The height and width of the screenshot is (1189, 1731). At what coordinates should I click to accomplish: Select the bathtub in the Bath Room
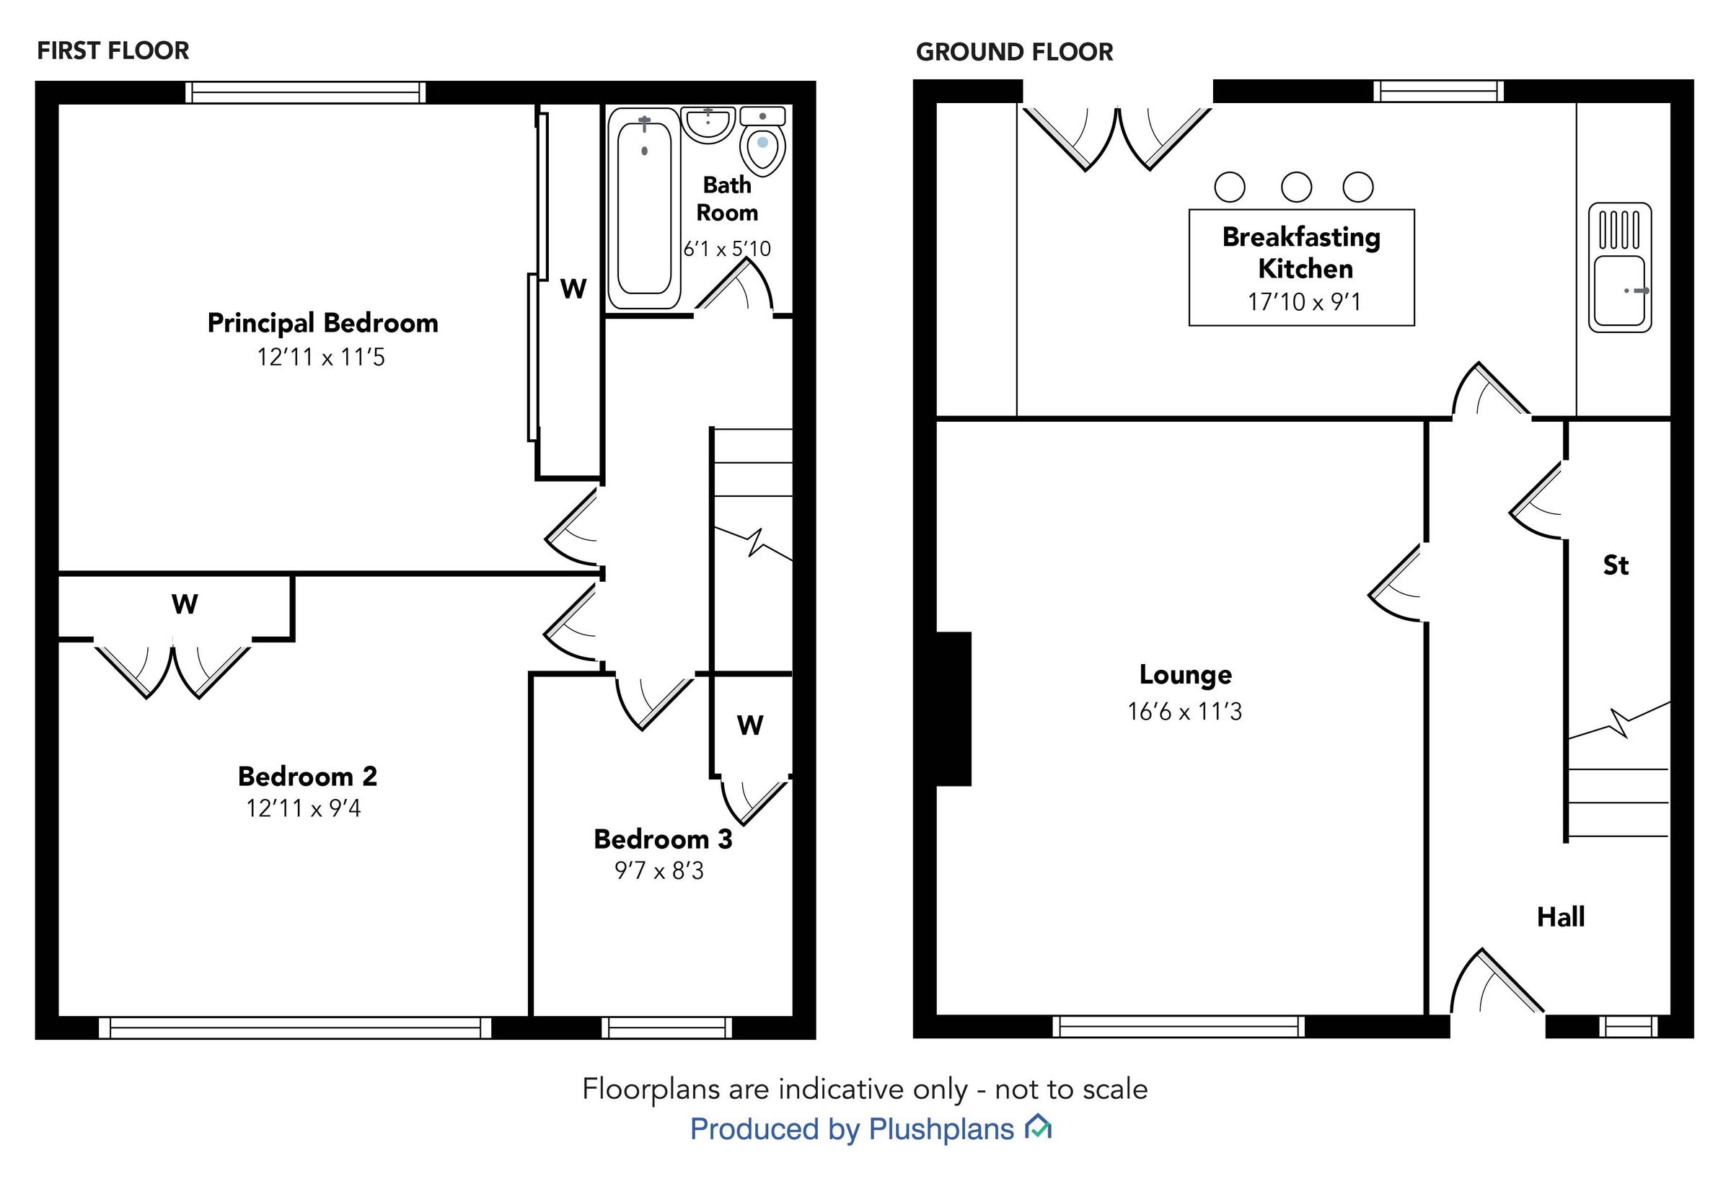pos(644,208)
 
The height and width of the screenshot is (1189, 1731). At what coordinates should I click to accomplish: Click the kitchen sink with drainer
pos(1619,268)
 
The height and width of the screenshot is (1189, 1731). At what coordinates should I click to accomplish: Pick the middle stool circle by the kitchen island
pos(1296,187)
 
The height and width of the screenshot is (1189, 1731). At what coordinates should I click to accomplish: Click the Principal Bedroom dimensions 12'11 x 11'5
pos(321,358)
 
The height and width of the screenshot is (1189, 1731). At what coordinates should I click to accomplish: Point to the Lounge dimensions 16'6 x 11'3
pos(1184,712)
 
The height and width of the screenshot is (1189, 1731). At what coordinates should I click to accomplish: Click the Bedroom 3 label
pos(662,839)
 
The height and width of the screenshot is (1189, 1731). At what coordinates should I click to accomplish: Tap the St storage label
pos(1616,565)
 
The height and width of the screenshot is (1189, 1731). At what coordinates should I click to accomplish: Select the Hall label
pos(1560,916)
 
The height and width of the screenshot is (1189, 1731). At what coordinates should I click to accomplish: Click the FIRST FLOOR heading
pos(113,50)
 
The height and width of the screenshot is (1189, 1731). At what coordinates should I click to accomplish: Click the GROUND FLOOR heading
pos(1014,52)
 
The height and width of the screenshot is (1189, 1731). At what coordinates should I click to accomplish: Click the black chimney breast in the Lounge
pos(953,709)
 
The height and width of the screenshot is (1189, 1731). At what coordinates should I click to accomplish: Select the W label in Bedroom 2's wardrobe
pos(185,604)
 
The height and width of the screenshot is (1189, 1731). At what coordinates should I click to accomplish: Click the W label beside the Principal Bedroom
pos(573,289)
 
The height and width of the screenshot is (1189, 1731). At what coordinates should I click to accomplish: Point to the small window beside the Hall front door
pos(1627,1027)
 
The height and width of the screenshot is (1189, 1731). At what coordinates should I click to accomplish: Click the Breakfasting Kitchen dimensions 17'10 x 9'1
pos(1304,301)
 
